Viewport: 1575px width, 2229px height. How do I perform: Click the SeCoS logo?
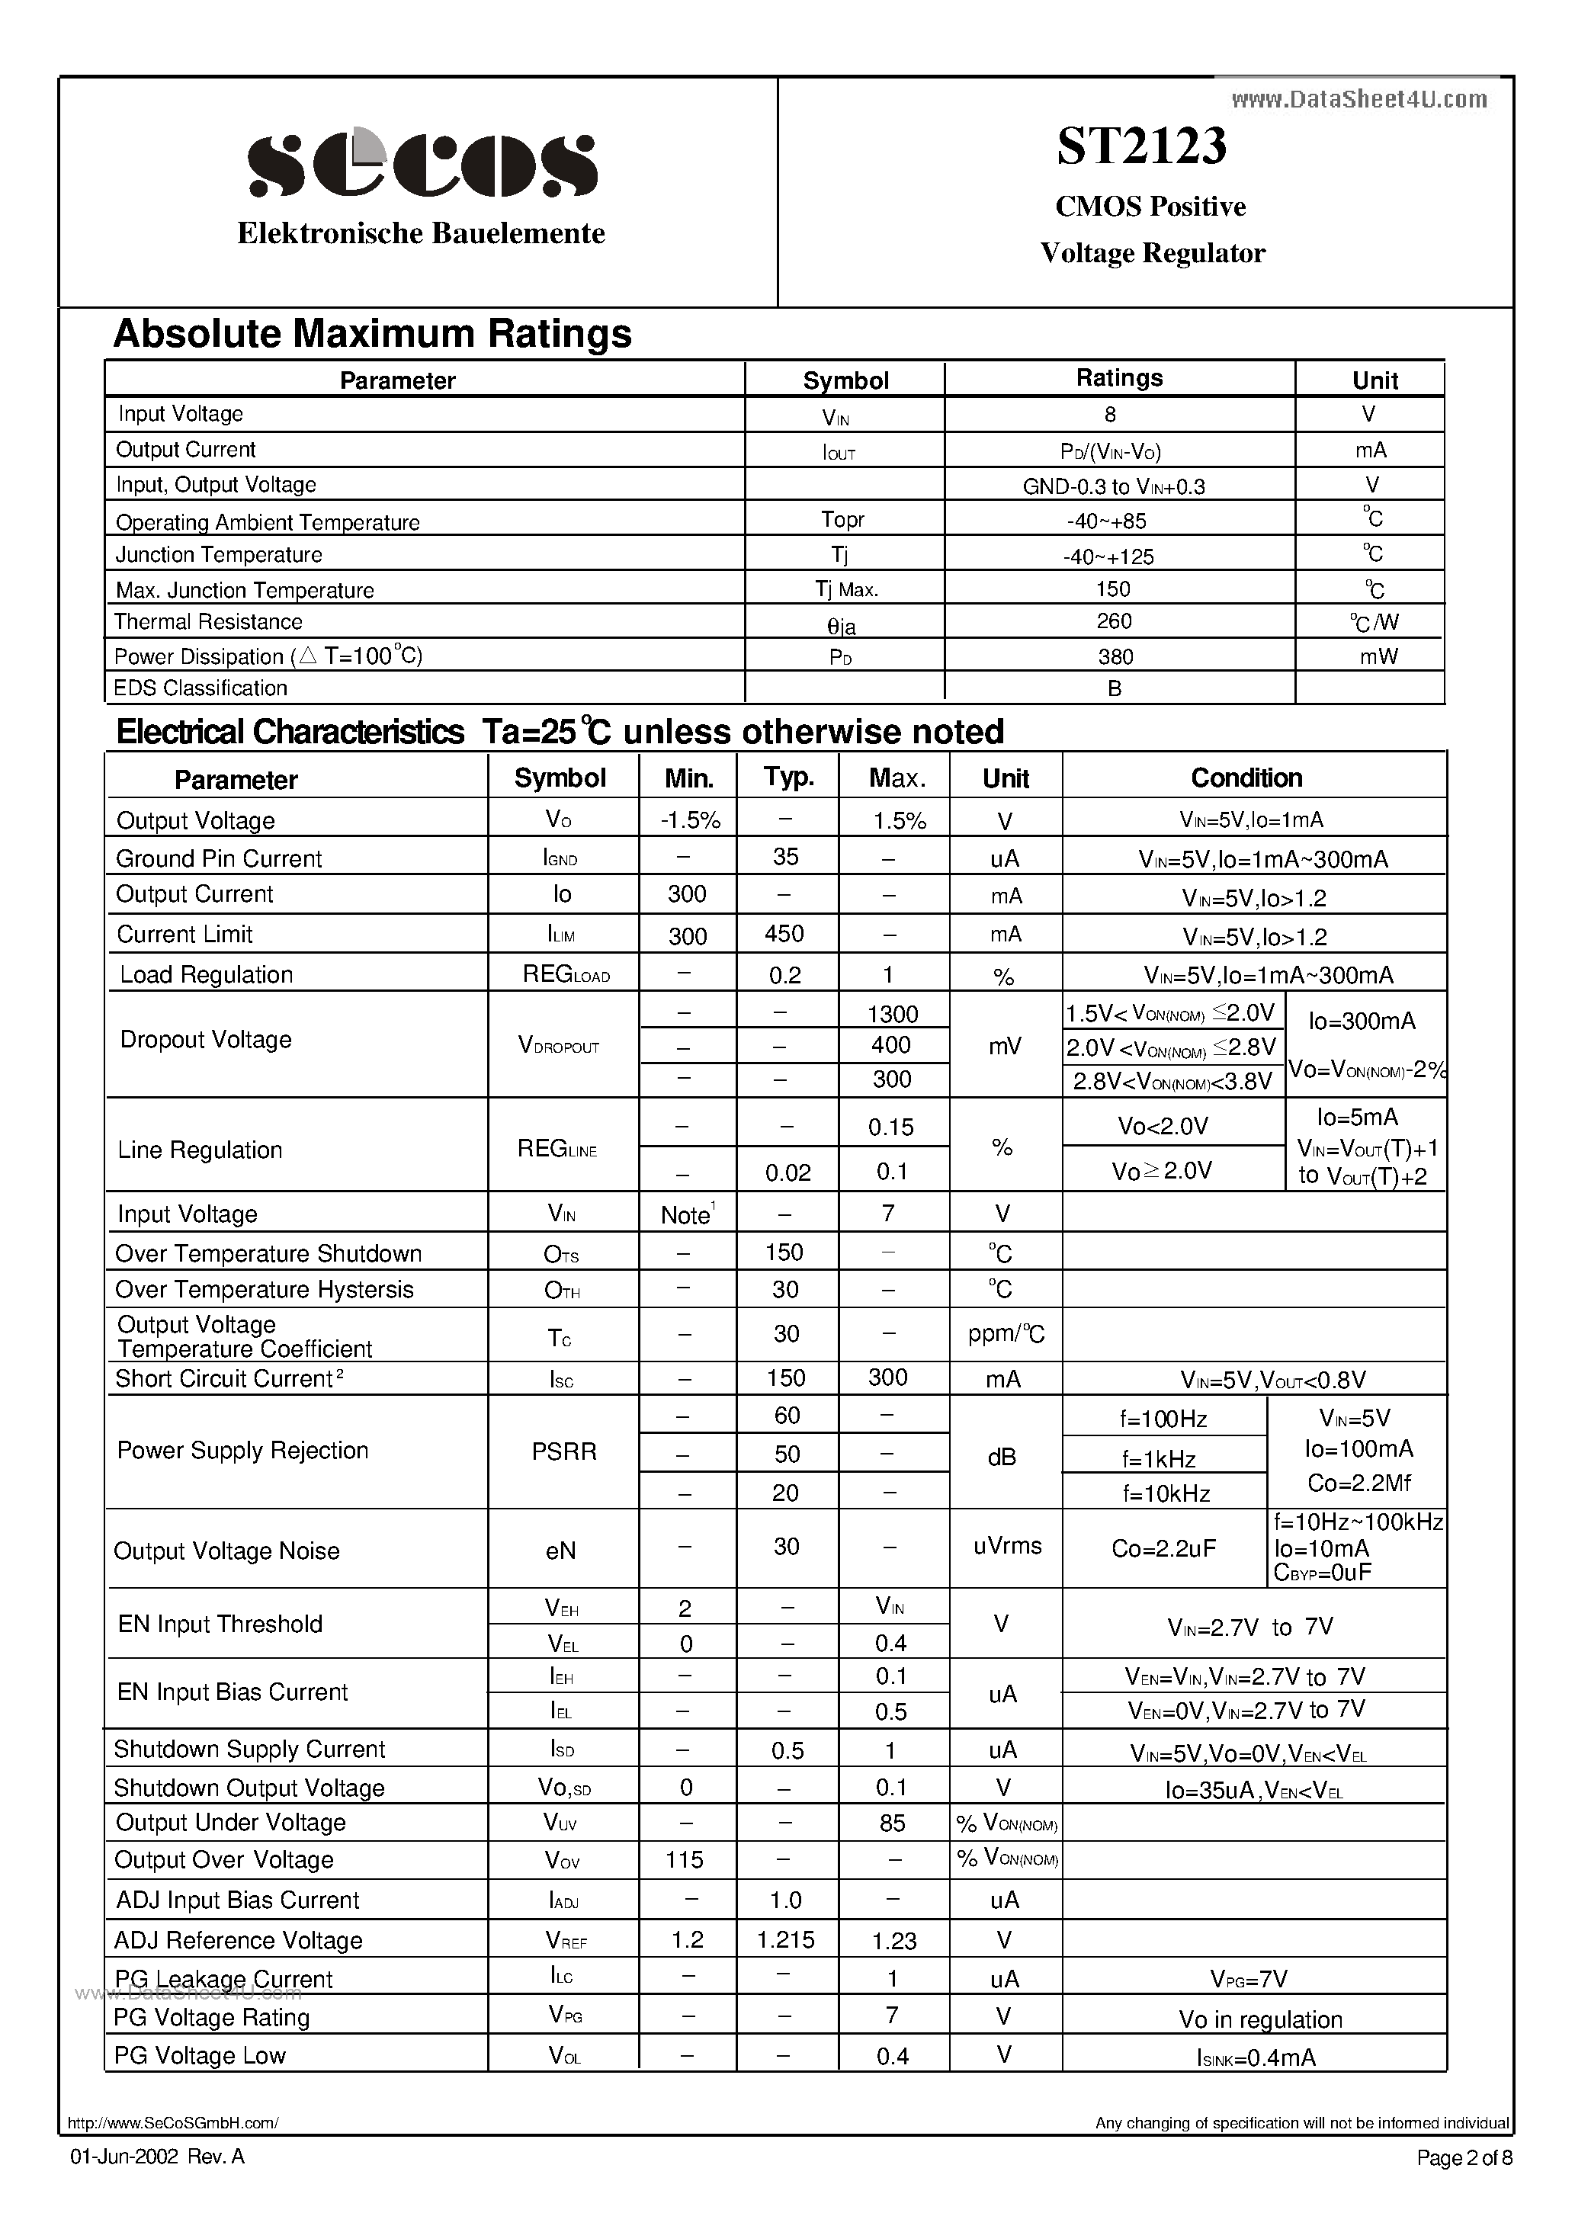point(422,164)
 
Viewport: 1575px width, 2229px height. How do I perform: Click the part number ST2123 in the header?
point(1141,146)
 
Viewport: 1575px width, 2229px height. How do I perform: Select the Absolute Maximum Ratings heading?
point(372,334)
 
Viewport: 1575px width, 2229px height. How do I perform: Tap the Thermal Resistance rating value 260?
point(1114,621)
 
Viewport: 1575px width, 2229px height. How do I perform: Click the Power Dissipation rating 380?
point(1115,657)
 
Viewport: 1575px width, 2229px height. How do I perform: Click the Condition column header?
point(1246,778)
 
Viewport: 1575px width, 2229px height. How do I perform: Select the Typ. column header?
point(787,777)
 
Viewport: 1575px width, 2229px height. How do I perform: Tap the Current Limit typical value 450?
point(784,934)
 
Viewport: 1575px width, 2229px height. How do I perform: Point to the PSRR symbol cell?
point(563,1452)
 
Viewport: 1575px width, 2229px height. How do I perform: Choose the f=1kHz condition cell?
point(1159,1459)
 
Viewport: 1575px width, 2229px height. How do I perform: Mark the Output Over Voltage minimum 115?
point(684,1859)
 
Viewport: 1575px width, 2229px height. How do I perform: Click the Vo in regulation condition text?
point(1259,2019)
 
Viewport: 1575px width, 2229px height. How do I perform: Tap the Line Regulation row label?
point(200,1150)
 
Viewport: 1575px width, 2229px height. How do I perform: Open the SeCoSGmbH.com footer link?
point(173,2123)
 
